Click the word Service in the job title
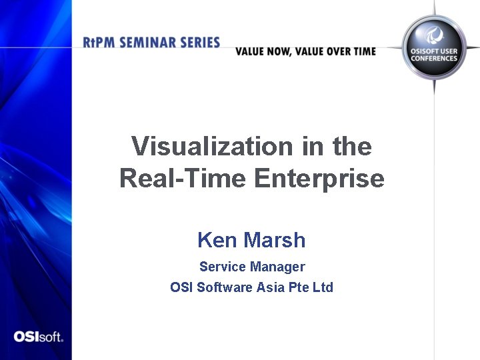(x=223, y=267)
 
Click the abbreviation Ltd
(x=323, y=287)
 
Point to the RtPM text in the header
(x=98, y=43)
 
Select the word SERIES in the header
(x=199, y=43)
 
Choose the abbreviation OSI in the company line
(x=181, y=287)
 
